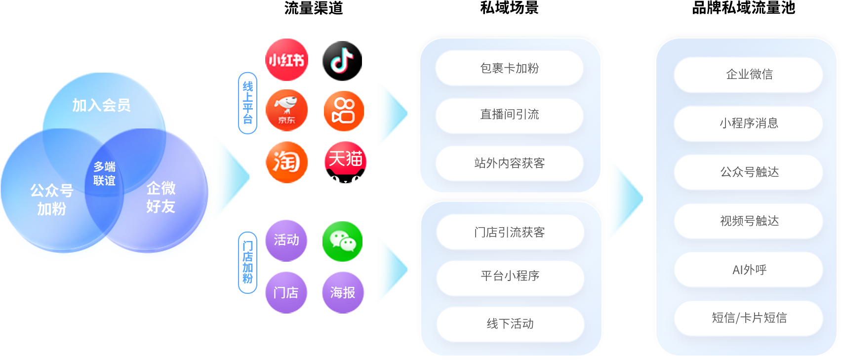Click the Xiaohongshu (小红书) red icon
286,60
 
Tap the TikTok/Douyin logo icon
342,60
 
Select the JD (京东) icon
286,110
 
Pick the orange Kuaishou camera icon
344,111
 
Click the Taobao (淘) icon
286,162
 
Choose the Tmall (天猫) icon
346,162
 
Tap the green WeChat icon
342,241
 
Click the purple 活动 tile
286,240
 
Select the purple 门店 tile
286,292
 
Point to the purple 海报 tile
343,292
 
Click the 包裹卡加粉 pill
509,68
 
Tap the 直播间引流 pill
509,115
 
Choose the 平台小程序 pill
510,276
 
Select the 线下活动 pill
510,323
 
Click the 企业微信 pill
749,75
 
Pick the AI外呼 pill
749,270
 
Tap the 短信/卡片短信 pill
749,318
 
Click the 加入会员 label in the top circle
101,105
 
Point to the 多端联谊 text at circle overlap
104,174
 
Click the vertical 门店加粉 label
247,262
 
